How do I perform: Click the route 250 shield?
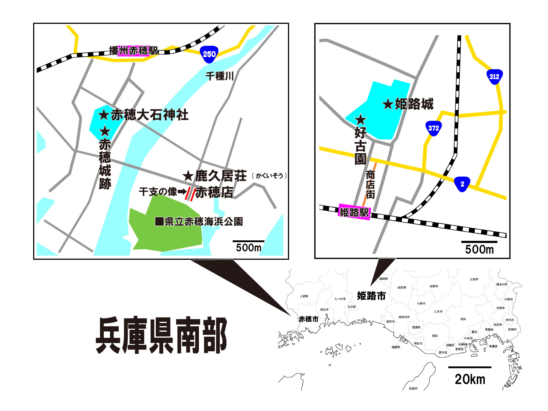point(209,54)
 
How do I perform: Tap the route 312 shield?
point(494,77)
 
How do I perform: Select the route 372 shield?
point(433,128)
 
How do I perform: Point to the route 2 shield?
point(462,184)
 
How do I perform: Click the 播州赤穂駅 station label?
point(133,51)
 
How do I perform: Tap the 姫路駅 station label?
point(354,212)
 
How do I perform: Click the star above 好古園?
point(360,119)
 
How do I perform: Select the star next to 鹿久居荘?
point(188,176)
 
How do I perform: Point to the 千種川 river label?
point(219,76)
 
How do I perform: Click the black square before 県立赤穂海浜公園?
point(159,221)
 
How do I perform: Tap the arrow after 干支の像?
point(182,192)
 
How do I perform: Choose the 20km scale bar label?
point(470,379)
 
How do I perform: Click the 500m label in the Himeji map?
point(479,249)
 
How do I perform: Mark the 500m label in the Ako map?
point(249,248)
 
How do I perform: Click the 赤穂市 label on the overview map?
point(309,319)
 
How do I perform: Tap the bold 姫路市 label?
point(371,296)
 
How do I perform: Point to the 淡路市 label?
point(413,389)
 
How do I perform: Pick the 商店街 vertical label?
point(370,185)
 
